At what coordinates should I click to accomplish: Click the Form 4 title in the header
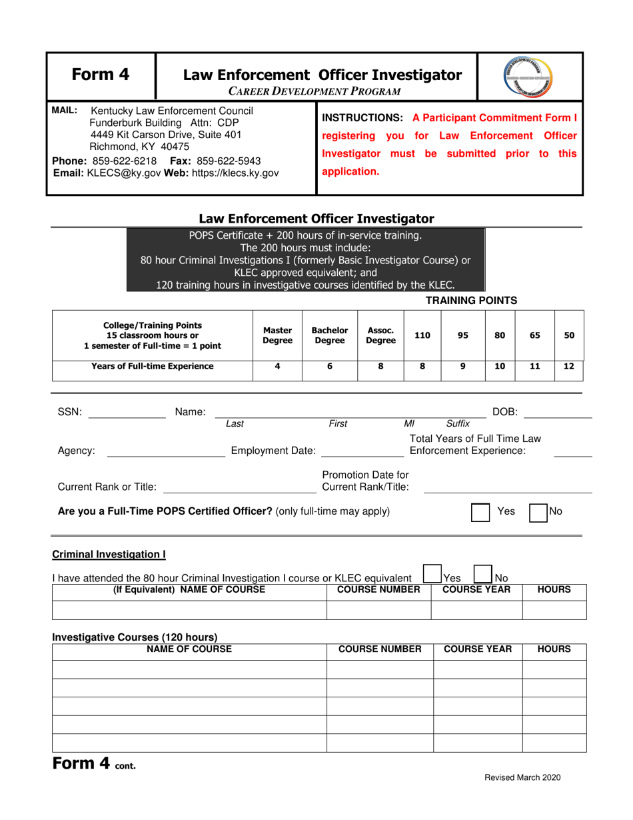(x=101, y=75)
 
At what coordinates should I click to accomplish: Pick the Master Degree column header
(x=278, y=335)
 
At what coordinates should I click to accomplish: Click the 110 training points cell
(x=422, y=335)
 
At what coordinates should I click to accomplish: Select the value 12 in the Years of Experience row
(x=569, y=366)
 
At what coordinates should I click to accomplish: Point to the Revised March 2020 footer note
(x=522, y=777)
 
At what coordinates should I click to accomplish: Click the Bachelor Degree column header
(x=330, y=335)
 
